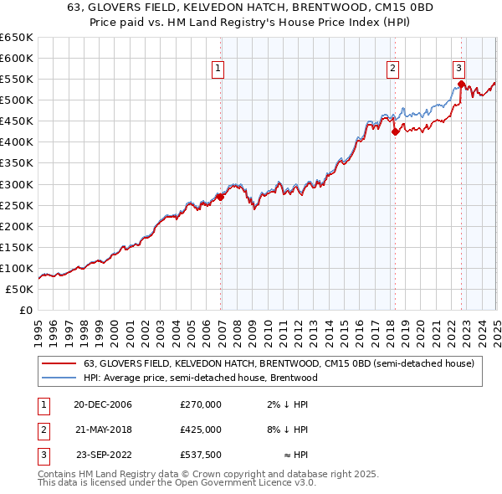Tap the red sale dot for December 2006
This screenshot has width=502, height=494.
point(221,196)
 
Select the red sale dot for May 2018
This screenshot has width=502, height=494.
point(395,131)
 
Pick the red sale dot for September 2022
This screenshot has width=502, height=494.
point(461,84)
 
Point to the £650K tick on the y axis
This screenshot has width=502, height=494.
point(17,38)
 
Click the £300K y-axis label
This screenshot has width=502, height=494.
point(17,184)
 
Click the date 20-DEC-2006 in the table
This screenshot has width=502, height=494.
point(103,405)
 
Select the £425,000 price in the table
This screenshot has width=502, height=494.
point(201,430)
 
